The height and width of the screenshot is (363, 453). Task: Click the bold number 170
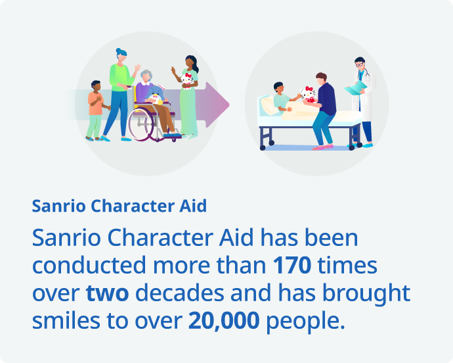click(292, 265)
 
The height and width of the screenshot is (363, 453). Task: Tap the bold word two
click(107, 293)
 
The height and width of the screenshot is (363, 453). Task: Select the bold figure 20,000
click(224, 321)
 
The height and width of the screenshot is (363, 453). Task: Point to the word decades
click(180, 293)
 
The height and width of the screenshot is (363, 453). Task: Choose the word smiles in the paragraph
click(66, 320)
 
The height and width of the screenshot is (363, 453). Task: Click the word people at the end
click(305, 322)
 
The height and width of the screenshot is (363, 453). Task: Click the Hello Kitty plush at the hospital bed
click(308, 95)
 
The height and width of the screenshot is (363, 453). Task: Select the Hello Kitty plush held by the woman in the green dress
click(186, 81)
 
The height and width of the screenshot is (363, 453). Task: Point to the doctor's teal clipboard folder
click(355, 88)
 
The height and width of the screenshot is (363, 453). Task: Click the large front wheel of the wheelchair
click(141, 124)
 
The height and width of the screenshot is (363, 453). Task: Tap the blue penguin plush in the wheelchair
click(156, 95)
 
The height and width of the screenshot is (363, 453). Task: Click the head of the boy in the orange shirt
click(96, 86)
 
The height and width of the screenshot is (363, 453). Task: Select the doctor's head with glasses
click(360, 63)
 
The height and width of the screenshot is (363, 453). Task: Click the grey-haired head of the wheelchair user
click(146, 76)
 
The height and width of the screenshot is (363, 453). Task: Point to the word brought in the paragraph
click(366, 293)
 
